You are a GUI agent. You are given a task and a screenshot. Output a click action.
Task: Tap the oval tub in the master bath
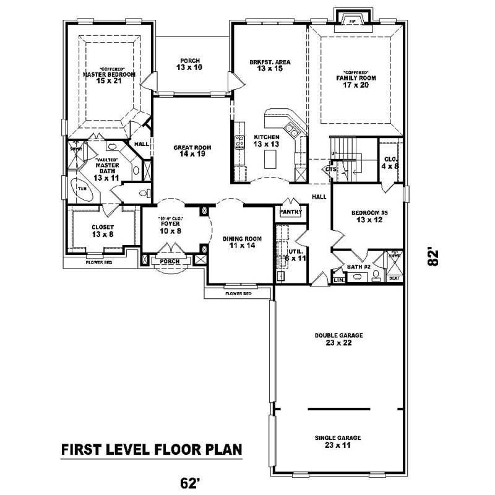point(82,189)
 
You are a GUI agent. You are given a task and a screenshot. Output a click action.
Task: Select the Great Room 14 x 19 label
point(192,151)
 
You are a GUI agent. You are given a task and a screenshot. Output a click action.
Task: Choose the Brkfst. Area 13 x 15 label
point(270,66)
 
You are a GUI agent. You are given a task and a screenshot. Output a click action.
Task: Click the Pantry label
point(290,212)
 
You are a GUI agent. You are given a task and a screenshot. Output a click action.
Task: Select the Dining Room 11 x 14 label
point(242,242)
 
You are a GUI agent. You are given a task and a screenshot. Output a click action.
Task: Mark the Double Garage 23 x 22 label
point(338,338)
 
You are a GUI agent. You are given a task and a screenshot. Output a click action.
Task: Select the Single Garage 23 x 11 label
point(338,441)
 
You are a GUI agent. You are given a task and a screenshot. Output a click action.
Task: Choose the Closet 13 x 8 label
point(103,231)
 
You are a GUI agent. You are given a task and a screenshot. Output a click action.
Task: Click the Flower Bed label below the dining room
point(238,293)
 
